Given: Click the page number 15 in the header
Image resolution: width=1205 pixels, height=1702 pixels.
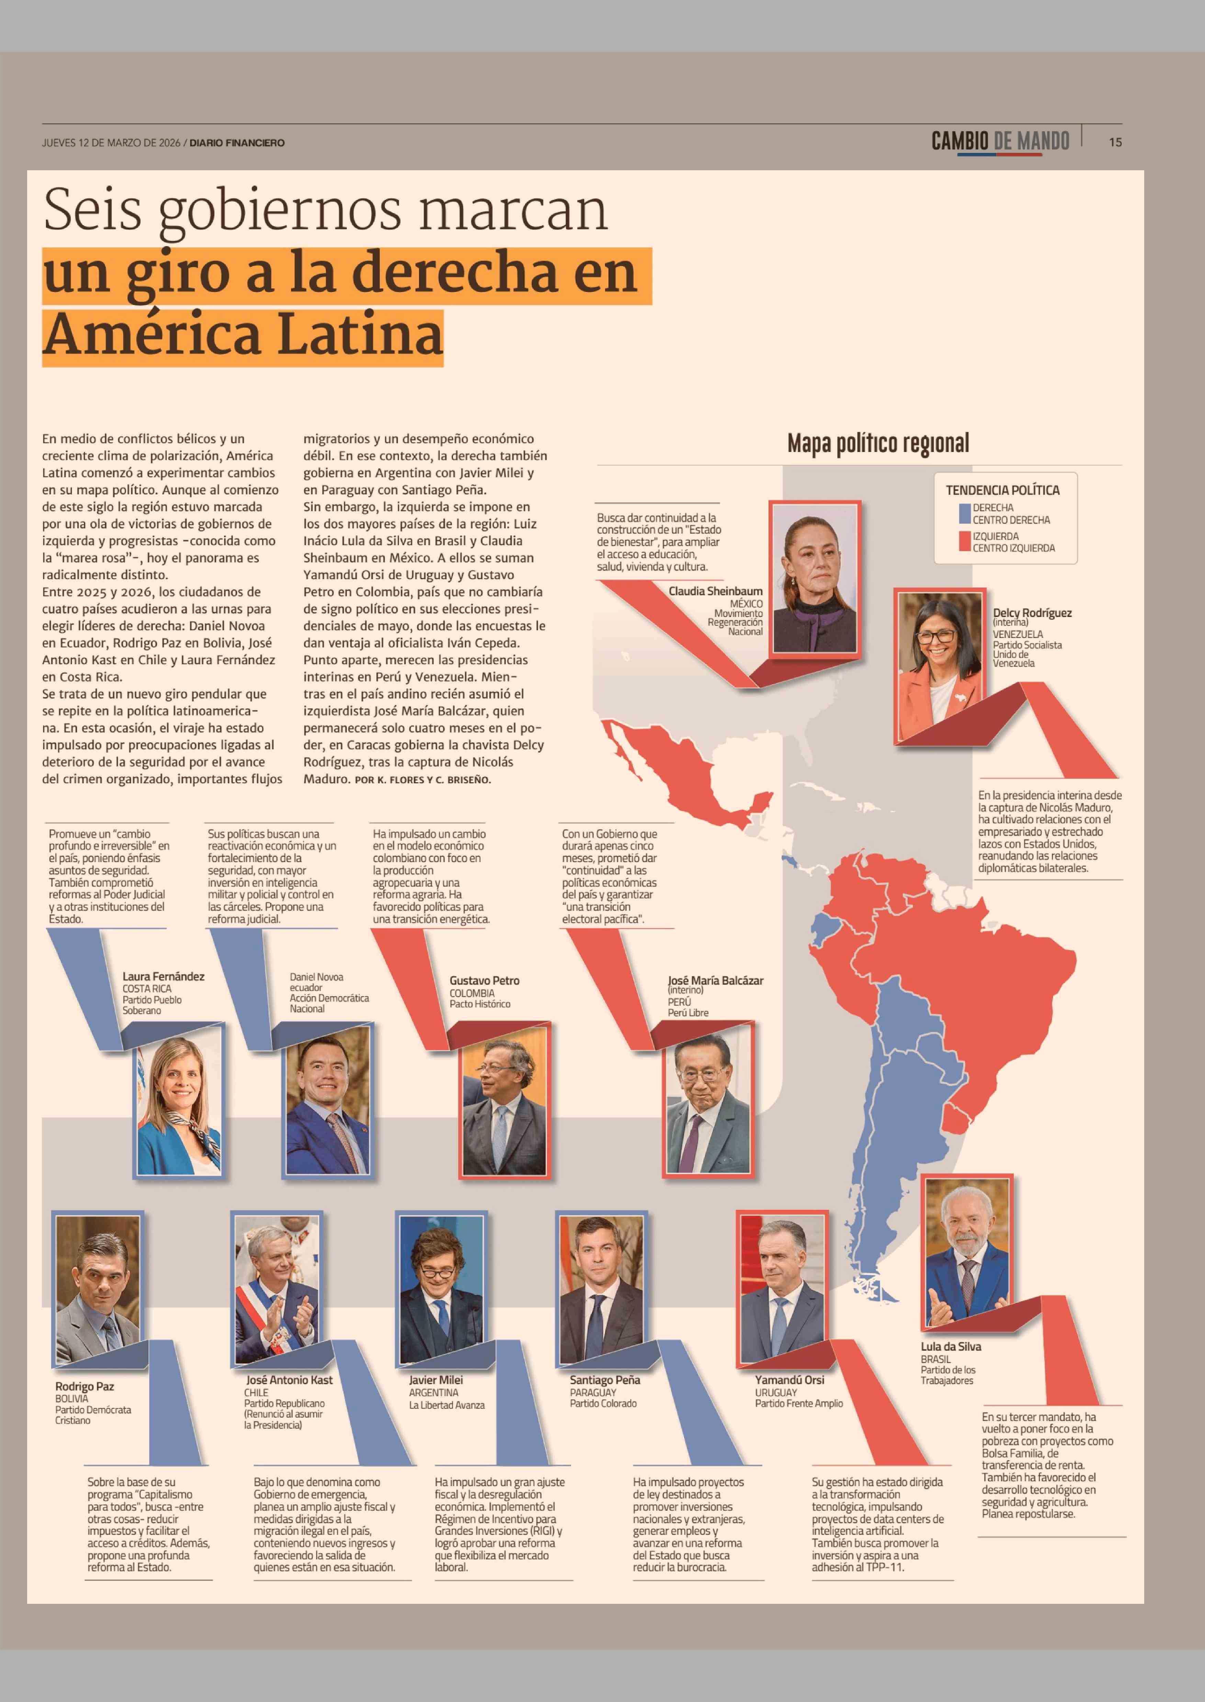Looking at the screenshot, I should click(1115, 142).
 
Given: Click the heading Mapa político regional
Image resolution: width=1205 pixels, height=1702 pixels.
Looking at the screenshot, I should click(878, 444).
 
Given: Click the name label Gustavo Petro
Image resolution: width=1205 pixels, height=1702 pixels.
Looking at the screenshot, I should click(485, 980).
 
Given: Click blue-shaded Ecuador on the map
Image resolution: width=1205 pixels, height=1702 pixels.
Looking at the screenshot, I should click(822, 927).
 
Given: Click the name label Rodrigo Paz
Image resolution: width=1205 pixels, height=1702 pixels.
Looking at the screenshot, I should click(85, 1386).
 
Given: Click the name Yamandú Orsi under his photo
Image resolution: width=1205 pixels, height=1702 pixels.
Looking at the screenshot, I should click(789, 1380).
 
